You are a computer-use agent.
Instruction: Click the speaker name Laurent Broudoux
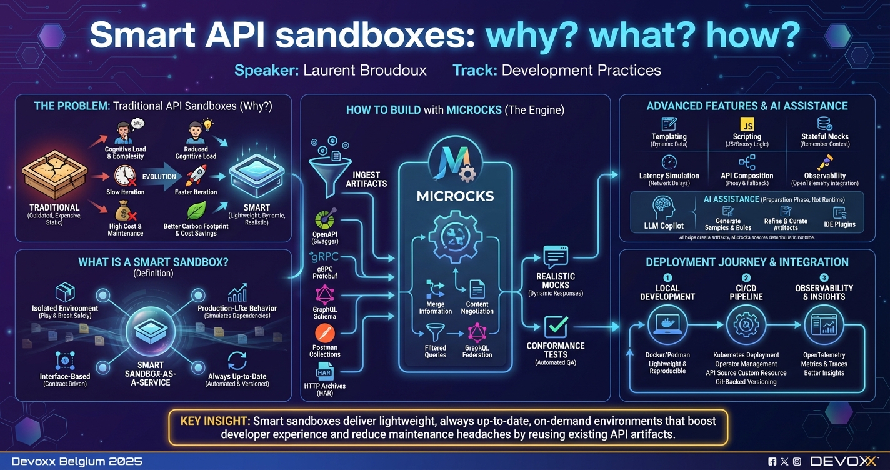tap(364, 70)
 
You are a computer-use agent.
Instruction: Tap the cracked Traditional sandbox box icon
tap(52, 176)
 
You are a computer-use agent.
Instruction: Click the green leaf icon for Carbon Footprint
tap(197, 211)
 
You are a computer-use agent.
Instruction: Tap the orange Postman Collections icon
tap(325, 332)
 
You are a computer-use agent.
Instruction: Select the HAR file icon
tap(325, 373)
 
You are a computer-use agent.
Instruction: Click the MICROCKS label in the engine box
tap(455, 196)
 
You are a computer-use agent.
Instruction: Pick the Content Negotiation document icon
tap(477, 289)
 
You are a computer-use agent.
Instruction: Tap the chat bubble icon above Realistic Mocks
tap(556, 257)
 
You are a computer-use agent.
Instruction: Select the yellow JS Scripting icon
tap(747, 123)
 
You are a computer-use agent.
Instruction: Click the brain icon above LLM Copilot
tap(663, 207)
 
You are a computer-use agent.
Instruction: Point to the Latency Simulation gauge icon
tap(669, 161)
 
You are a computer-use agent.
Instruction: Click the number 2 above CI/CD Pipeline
tap(746, 277)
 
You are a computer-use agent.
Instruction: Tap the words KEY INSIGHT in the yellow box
tap(214, 421)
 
